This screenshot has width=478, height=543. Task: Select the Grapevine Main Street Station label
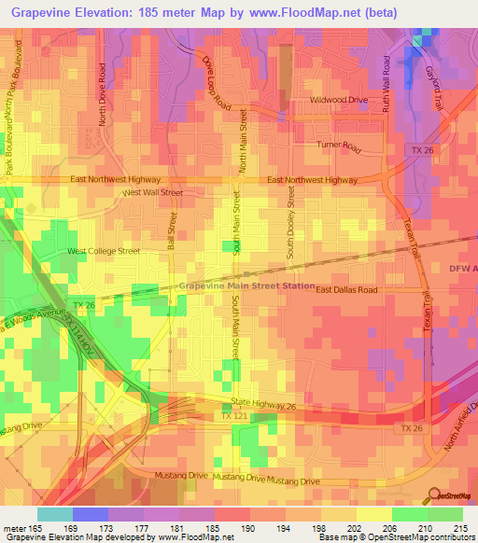click(246, 286)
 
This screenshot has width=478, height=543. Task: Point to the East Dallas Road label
click(345, 290)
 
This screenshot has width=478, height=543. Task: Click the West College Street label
click(103, 251)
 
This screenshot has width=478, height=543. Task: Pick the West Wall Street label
click(153, 192)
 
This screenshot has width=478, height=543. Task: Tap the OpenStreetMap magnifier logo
click(433, 496)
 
